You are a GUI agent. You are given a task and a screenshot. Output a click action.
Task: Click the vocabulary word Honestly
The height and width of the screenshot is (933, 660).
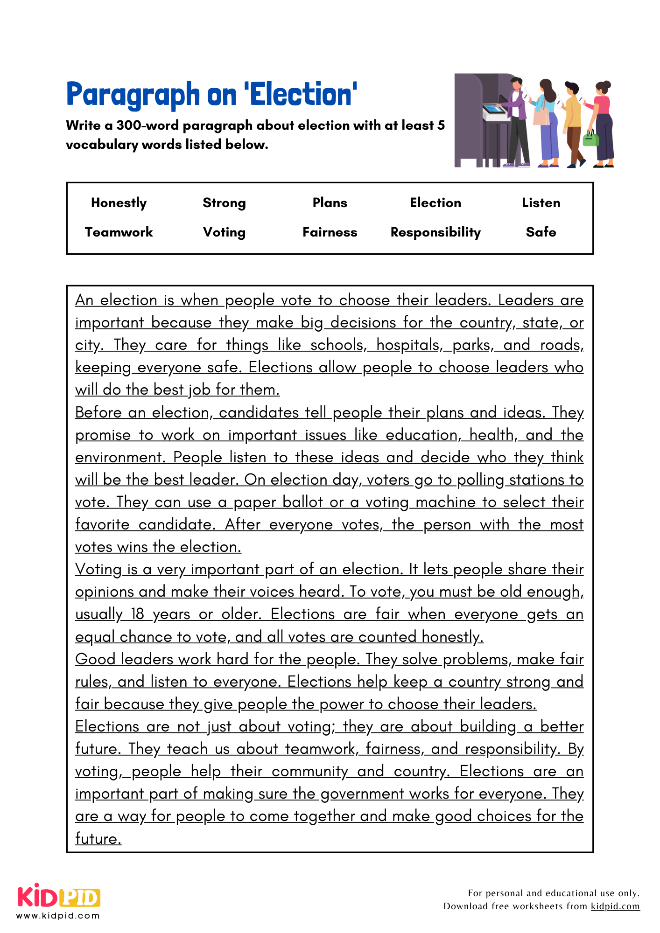pyautogui.click(x=119, y=203)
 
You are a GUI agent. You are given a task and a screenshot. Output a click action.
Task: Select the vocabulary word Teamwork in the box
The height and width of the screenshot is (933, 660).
pyautogui.click(x=119, y=232)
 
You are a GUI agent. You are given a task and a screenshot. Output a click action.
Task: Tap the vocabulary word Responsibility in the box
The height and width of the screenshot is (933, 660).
pyautogui.click(x=435, y=232)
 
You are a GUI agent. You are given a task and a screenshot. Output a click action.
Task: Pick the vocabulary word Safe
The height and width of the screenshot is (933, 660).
pyautogui.click(x=541, y=232)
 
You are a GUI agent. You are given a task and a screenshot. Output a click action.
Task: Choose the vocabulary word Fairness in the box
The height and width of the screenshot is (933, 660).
pyautogui.click(x=330, y=232)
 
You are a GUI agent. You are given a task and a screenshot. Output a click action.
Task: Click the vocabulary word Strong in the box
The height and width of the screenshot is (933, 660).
pyautogui.click(x=224, y=203)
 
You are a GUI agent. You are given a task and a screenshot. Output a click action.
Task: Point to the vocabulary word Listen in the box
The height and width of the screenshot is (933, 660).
pyautogui.click(x=541, y=203)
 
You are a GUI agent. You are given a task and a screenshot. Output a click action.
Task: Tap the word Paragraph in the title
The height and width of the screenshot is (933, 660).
pyautogui.click(x=133, y=95)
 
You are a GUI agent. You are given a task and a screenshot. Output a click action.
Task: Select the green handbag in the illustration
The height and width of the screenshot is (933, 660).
pyautogui.click(x=591, y=139)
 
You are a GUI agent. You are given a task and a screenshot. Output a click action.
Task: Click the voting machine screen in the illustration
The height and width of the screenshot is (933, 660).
pyautogui.click(x=493, y=109)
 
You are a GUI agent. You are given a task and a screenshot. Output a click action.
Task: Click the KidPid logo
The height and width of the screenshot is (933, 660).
pyautogui.click(x=59, y=896)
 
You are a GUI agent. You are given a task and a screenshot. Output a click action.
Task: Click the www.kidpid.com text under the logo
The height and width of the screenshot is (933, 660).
pyautogui.click(x=58, y=916)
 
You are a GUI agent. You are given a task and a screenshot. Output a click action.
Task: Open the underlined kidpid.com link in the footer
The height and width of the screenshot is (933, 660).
pyautogui.click(x=615, y=906)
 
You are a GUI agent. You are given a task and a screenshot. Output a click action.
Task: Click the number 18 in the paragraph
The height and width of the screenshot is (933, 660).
pyautogui.click(x=137, y=614)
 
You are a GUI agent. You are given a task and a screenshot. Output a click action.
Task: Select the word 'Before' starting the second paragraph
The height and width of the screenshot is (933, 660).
pyautogui.click(x=98, y=413)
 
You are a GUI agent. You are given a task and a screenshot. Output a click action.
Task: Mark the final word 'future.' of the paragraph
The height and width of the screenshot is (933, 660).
pyautogui.click(x=98, y=839)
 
